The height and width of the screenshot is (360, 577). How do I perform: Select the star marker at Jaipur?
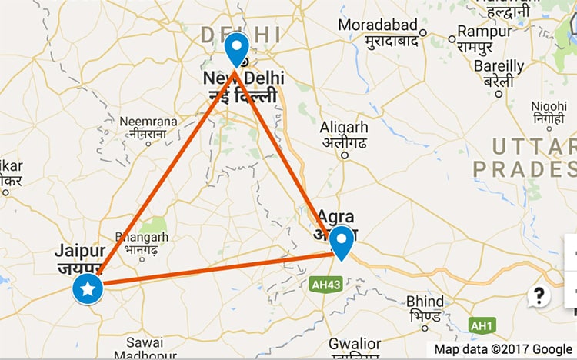[88, 289]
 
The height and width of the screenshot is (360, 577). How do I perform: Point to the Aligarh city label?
[344, 128]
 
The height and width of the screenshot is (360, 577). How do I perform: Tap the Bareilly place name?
[499, 67]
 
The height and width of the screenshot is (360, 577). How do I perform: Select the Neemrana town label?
[148, 122]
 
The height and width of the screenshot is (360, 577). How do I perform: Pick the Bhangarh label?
[141, 238]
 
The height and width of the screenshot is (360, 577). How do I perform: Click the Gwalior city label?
[355, 343]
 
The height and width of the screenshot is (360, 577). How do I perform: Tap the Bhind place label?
[425, 301]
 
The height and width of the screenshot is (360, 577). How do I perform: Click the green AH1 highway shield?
[482, 326]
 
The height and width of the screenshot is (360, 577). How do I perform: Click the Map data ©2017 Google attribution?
[503, 349]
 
